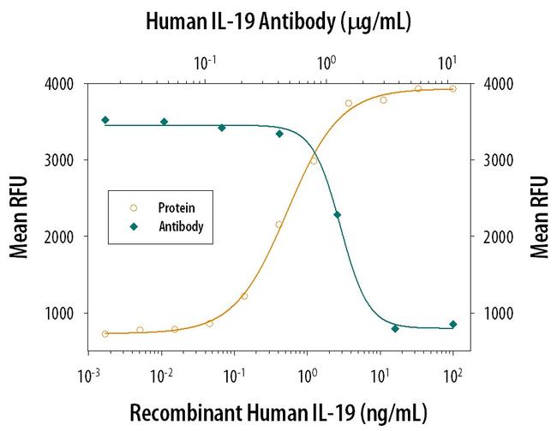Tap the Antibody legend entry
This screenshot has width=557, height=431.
179,227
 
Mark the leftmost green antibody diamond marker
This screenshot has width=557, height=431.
105,120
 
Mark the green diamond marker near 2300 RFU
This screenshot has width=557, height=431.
337,215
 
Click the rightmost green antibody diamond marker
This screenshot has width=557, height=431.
452,324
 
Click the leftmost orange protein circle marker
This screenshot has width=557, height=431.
105,333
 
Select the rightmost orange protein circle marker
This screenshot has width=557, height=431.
452,88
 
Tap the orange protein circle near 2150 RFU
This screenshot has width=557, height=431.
278,224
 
